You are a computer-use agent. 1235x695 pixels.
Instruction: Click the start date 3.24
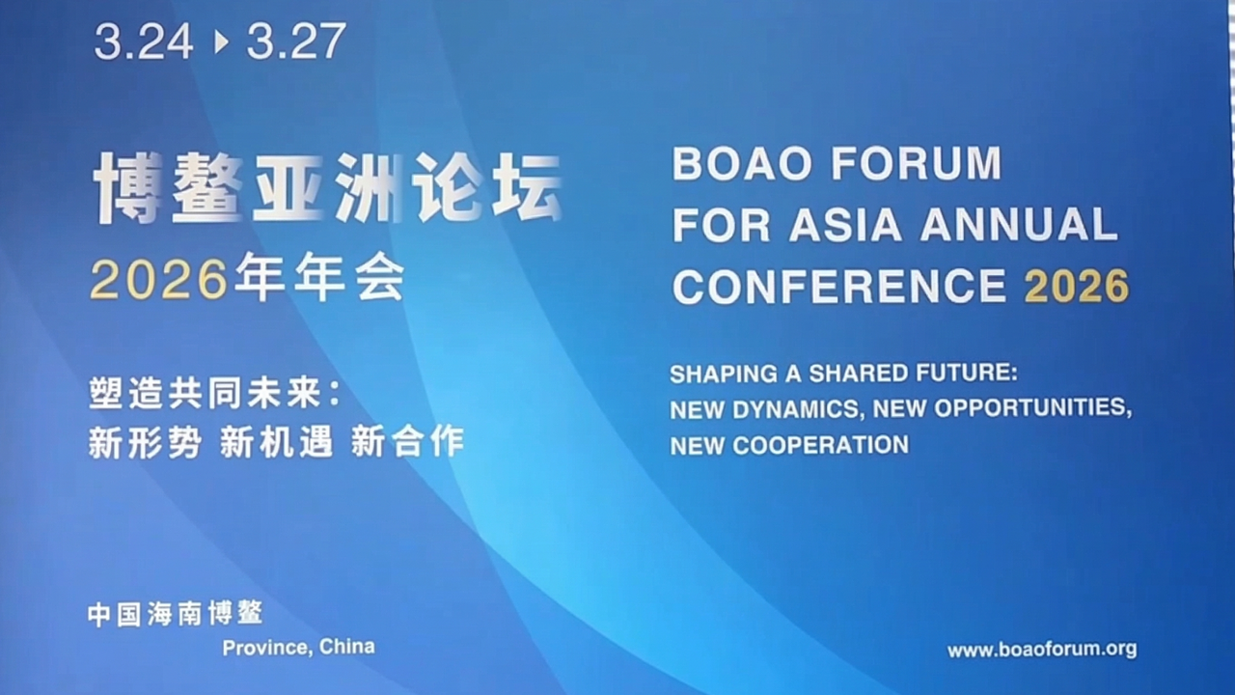tap(144, 42)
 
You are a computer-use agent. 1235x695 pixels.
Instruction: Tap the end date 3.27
tap(296, 42)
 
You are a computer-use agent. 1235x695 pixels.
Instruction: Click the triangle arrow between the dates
tap(221, 42)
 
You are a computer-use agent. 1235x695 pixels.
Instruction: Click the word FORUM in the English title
tap(917, 164)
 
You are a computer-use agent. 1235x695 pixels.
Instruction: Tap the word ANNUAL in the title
tap(1019, 225)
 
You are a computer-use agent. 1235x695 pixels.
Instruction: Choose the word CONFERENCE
tap(839, 286)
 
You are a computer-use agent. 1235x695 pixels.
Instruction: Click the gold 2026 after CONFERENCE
tap(1077, 286)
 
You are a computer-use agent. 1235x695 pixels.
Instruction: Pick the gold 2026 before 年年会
tap(159, 280)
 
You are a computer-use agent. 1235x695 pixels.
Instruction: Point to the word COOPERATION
tap(820, 445)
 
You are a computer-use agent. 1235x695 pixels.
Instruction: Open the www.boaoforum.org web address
tap(1042, 650)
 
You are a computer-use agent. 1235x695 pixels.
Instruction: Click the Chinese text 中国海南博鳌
tap(176, 614)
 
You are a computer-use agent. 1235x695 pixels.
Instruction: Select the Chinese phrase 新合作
tap(407, 441)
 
